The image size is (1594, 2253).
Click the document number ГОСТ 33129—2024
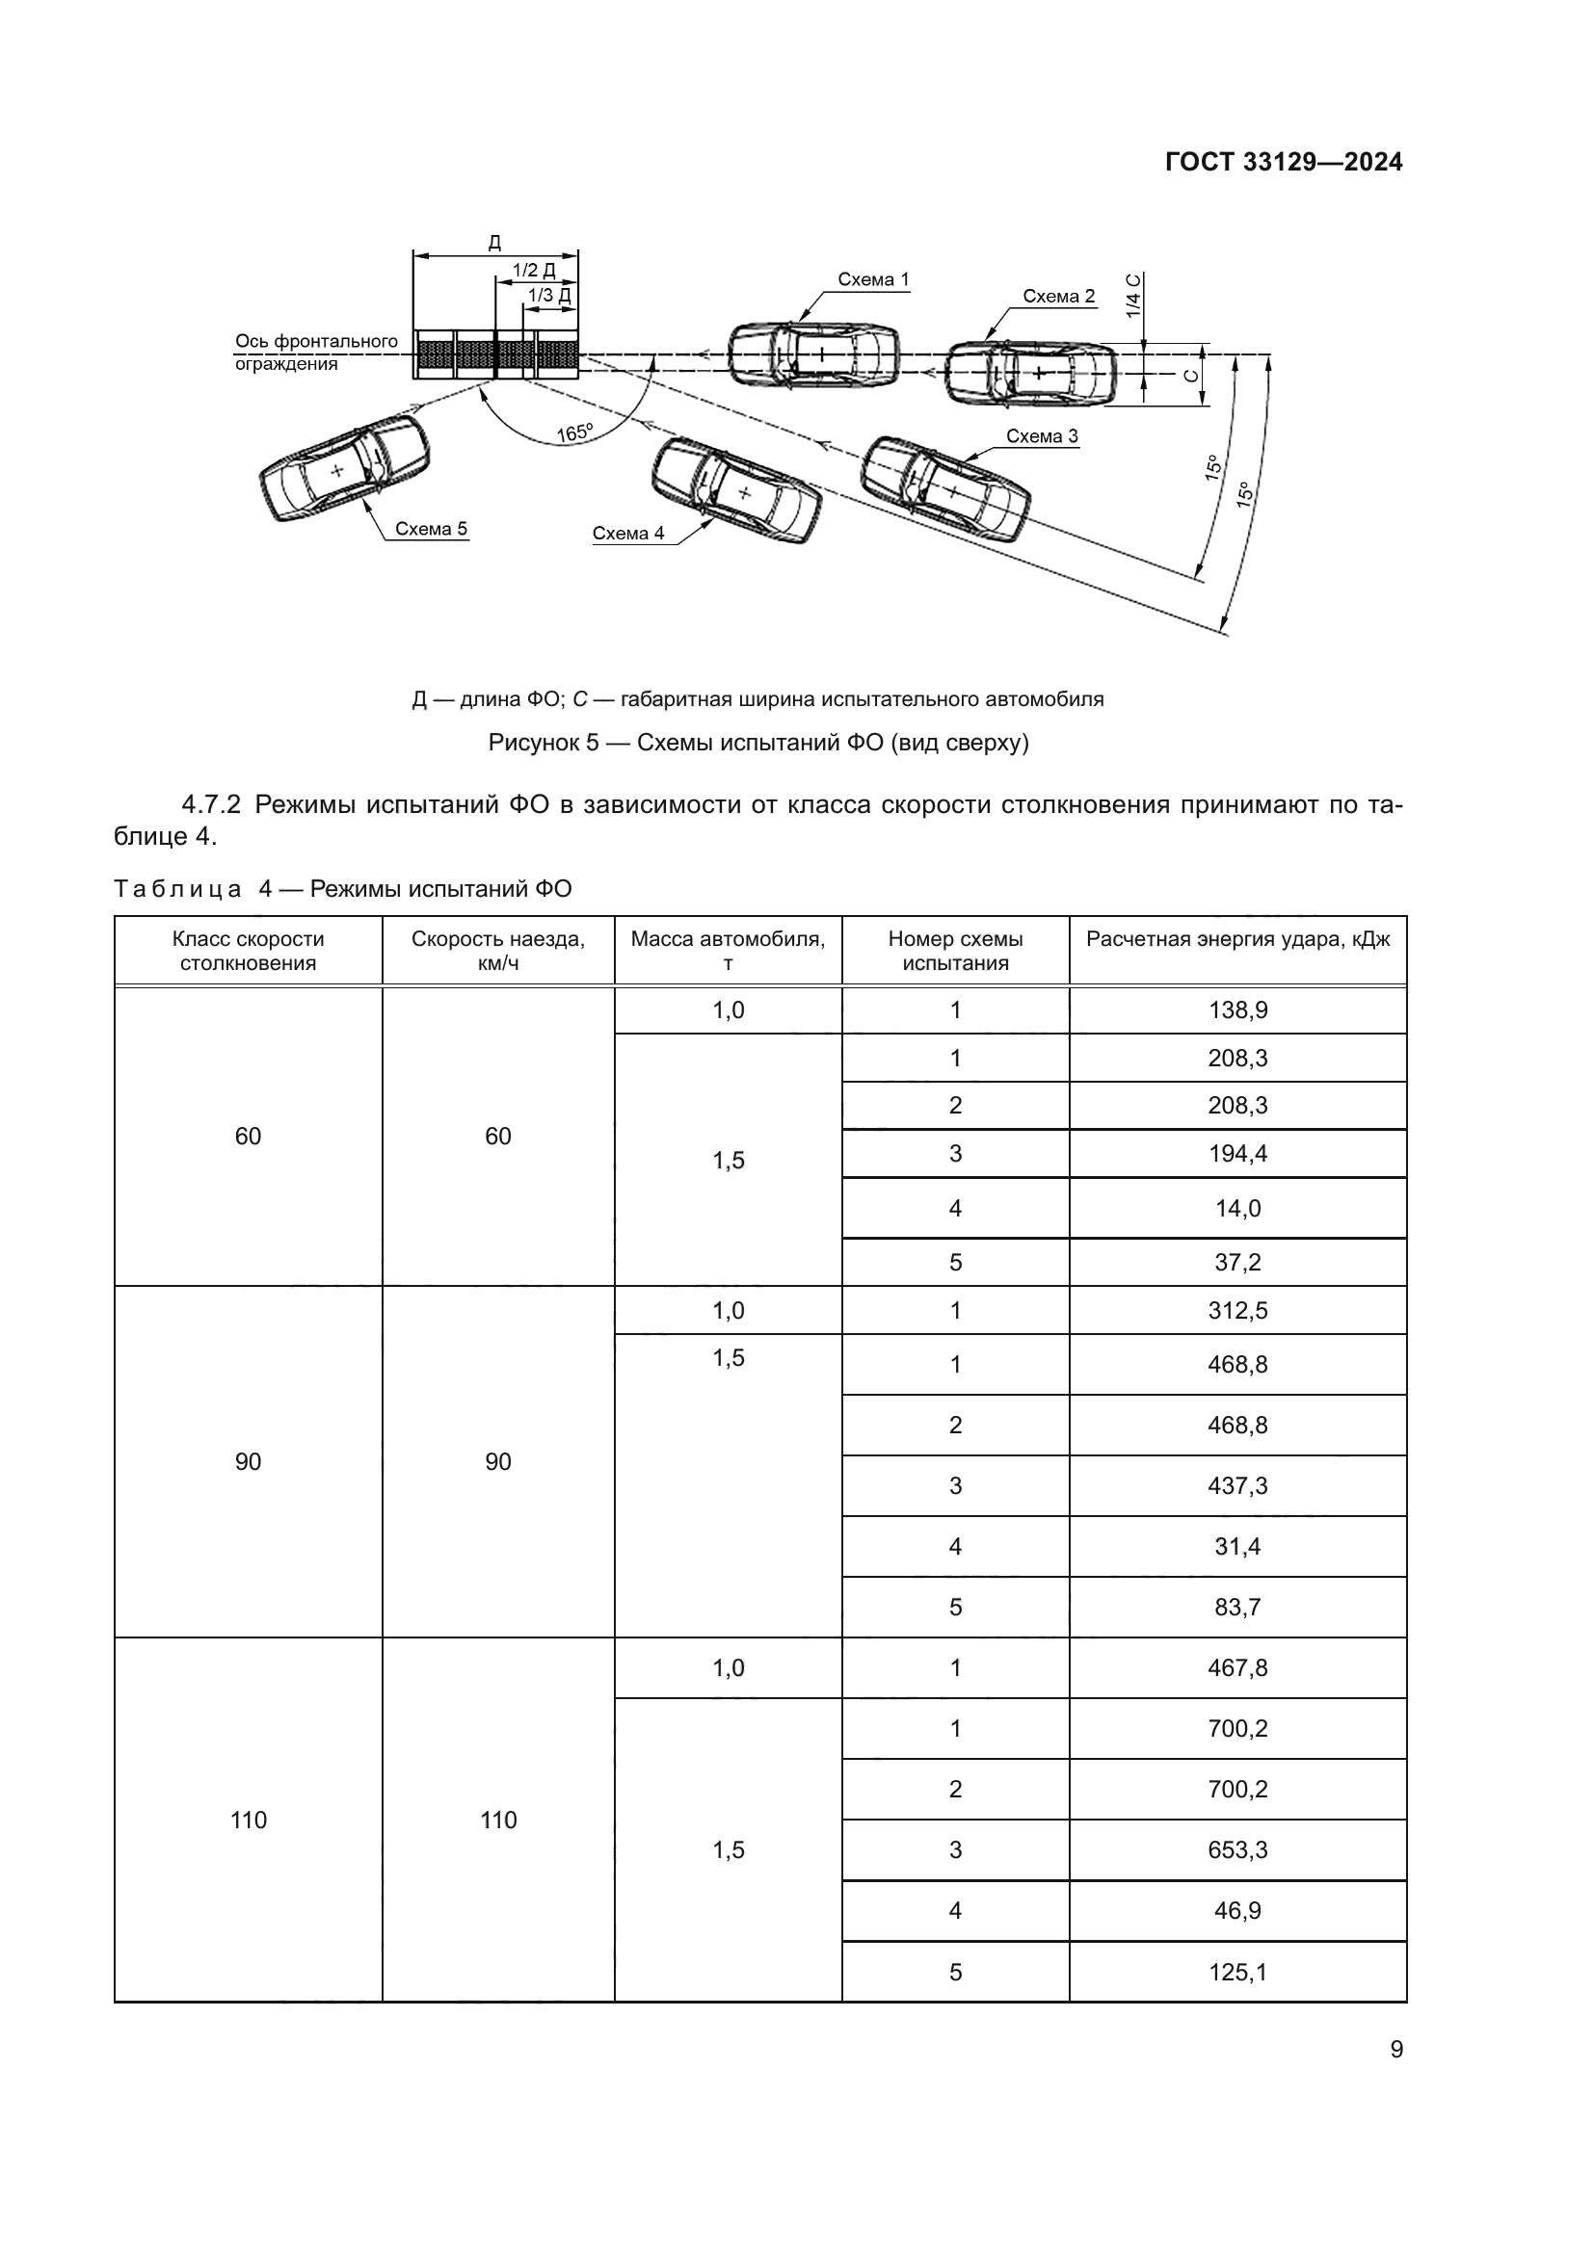pyautogui.click(x=1283, y=162)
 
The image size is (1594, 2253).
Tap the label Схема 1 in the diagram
pyautogui.click(x=872, y=279)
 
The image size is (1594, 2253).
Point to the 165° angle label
pyautogui.click(x=575, y=432)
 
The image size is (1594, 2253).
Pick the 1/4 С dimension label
pyautogui.click(x=1133, y=296)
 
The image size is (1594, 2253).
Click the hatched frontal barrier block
pyautogui.click(x=494, y=354)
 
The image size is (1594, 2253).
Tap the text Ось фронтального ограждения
pyautogui.click(x=315, y=353)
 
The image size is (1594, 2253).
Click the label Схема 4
pyautogui.click(x=628, y=534)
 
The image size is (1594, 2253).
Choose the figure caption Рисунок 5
pyautogui.click(x=757, y=743)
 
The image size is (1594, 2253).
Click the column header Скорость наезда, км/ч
pyautogui.click(x=497, y=950)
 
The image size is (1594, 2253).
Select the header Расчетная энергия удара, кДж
pyautogui.click(x=1236, y=939)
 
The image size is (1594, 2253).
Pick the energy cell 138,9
pyautogui.click(x=1236, y=1009)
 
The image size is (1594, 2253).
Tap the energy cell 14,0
pyautogui.click(x=1236, y=1208)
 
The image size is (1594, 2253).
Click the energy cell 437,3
pyautogui.click(x=1236, y=1485)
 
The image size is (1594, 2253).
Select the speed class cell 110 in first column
pyautogui.click(x=249, y=1821)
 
